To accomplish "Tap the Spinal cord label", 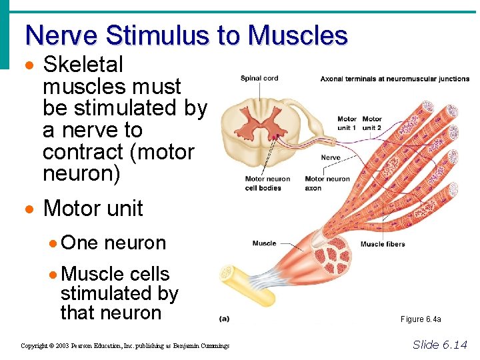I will (x=259, y=79).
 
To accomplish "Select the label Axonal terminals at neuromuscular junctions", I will (x=395, y=79).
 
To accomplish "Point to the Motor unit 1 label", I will (x=347, y=123).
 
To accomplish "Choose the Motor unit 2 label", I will (x=372, y=123).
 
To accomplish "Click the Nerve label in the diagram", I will (x=331, y=158).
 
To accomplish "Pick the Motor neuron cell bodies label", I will (x=267, y=183).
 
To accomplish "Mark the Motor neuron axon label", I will (x=327, y=183).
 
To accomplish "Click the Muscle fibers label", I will (x=382, y=244).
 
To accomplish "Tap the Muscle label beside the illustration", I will (x=264, y=243).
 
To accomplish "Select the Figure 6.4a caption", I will (x=421, y=319).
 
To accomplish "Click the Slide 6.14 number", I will (x=440, y=344).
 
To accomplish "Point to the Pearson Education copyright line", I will (x=125, y=346).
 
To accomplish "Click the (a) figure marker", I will (x=225, y=319).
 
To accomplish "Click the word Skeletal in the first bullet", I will (x=83, y=65).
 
